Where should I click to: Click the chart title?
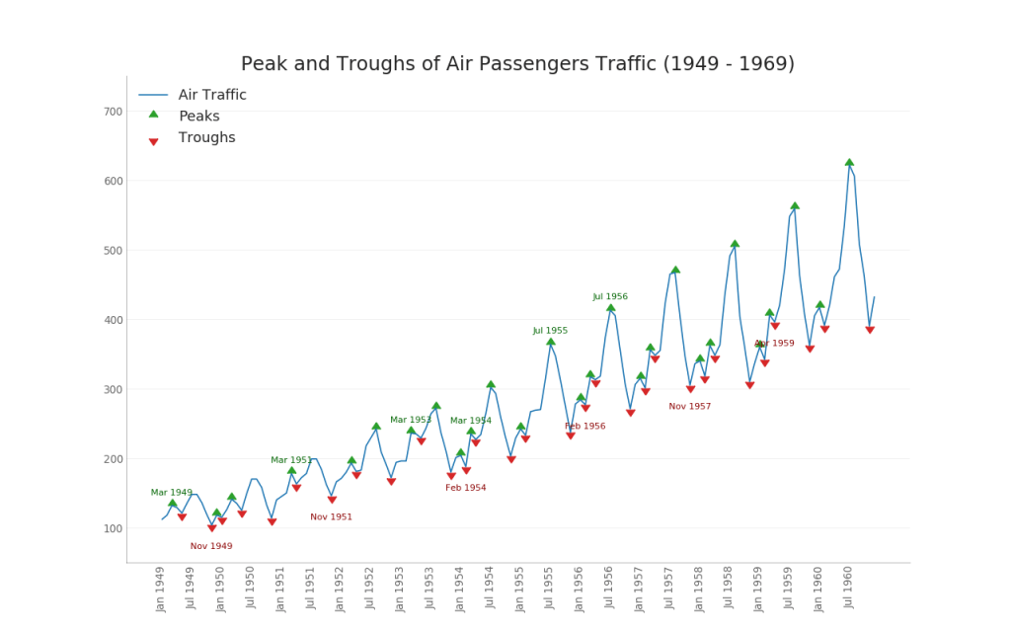[517, 64]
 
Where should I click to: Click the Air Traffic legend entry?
[212, 95]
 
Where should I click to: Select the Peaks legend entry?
[198, 117]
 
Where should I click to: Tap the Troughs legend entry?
[206, 138]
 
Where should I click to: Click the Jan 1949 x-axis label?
[161, 589]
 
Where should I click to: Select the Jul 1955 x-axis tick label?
[549, 589]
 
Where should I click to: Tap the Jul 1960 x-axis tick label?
[847, 589]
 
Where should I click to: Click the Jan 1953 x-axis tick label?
[400, 589]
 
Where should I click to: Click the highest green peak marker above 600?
[849, 162]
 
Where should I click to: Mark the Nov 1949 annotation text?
[211, 546]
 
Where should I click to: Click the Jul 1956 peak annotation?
[610, 296]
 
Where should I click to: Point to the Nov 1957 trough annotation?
[689, 406]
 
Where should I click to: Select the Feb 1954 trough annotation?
[465, 488]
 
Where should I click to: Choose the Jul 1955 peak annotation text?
[550, 331]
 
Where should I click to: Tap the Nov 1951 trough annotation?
[331, 516]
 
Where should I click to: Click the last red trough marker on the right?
[870, 330]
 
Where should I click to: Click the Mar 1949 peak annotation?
[172, 492]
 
